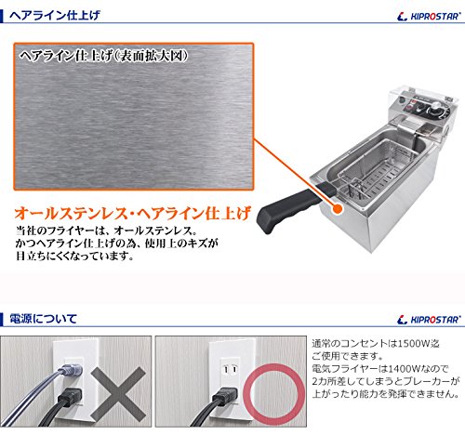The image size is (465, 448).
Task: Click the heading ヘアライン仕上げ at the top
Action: pos(55,15)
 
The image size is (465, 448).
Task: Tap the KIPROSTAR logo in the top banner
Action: pos(429,16)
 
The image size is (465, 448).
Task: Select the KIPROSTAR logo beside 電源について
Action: pos(429,320)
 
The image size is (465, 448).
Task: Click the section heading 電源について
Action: pos(43,319)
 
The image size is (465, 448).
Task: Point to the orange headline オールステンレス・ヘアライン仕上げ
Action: pos(133,214)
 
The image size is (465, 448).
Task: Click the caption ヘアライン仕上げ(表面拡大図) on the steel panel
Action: pos(104,56)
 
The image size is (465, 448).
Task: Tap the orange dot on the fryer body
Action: pos(338,209)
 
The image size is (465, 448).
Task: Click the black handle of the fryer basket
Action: pos(296,206)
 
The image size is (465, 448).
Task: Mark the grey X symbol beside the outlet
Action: pos(118,392)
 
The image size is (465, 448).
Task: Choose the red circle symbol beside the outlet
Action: pos(275,394)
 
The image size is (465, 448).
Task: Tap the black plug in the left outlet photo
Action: pos(71,396)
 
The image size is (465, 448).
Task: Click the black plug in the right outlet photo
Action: pos(225,396)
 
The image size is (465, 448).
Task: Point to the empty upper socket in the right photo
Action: pos(231,369)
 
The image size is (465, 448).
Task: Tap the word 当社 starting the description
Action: pos(24,231)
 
